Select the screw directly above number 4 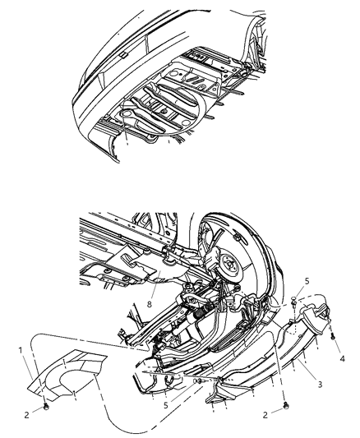(x=330, y=335)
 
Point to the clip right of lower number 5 (x=197, y=381)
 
